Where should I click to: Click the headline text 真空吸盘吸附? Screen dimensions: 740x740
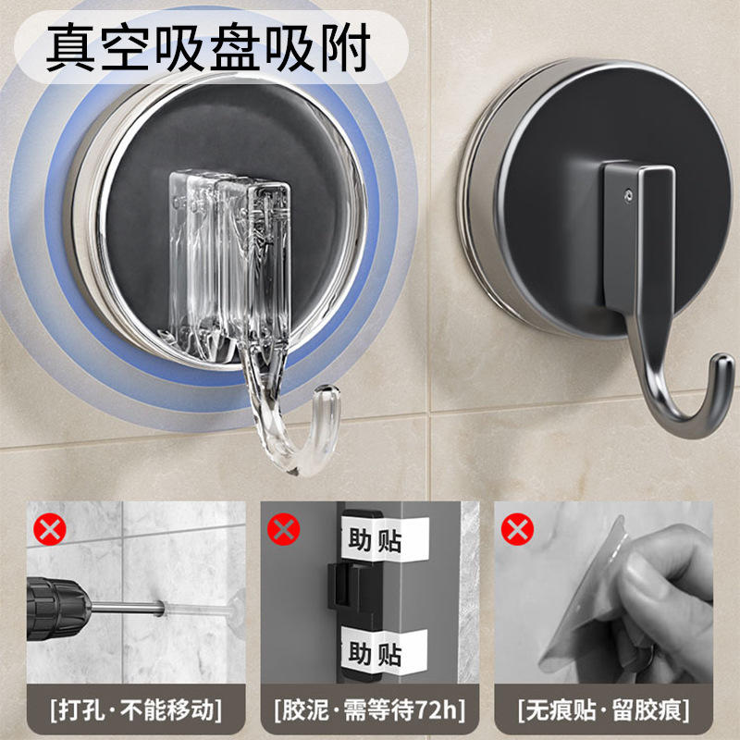(208, 47)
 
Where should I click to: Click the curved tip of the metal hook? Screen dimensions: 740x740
(722, 364)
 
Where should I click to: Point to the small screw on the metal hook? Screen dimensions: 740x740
(628, 194)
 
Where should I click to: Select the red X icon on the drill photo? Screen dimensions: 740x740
(50, 529)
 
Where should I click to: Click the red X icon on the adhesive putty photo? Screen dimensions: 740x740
(283, 529)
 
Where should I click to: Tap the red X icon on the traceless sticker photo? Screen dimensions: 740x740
(517, 529)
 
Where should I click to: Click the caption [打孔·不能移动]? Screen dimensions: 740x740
(136, 710)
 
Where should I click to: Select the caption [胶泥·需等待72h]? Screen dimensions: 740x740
(369, 710)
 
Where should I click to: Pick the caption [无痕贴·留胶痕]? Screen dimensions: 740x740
(603, 710)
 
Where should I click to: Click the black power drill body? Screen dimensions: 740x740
(56, 609)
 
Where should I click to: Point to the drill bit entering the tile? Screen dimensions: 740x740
(127, 608)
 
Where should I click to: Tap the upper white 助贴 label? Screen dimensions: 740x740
(383, 539)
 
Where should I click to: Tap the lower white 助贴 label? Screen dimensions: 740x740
(383, 652)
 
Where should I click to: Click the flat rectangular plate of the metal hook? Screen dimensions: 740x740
(638, 236)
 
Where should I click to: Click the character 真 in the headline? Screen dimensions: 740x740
(70, 47)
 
